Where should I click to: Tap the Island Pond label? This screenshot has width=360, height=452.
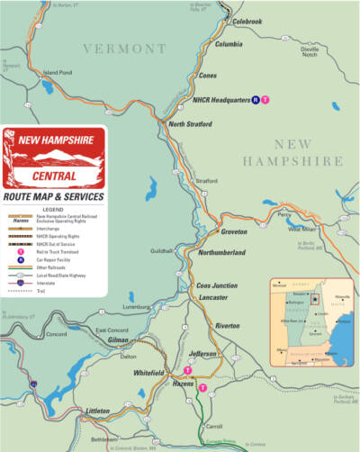tap(58, 72)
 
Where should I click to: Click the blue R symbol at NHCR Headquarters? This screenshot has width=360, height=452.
tap(255, 100)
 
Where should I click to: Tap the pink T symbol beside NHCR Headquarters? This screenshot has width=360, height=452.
tap(265, 100)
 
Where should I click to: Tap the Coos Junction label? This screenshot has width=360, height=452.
tap(217, 285)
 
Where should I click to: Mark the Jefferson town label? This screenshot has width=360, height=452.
tap(204, 354)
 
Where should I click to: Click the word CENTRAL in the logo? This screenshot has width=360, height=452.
tap(54, 175)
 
